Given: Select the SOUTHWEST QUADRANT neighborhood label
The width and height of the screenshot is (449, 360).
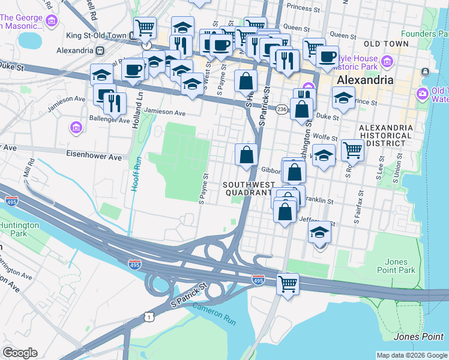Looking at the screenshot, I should (249, 188).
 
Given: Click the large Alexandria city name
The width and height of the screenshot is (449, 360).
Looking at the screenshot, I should (365, 80).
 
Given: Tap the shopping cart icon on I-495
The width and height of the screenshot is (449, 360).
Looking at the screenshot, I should (288, 283).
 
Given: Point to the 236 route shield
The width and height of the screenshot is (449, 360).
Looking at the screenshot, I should (282, 109).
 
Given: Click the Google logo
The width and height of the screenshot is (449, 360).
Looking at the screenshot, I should (20, 353).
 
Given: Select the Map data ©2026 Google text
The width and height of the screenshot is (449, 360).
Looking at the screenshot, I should (411, 355).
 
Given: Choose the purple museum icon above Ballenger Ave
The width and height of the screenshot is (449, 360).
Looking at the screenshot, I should (76, 127).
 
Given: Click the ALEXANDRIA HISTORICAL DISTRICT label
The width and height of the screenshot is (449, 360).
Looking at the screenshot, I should (385, 136).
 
